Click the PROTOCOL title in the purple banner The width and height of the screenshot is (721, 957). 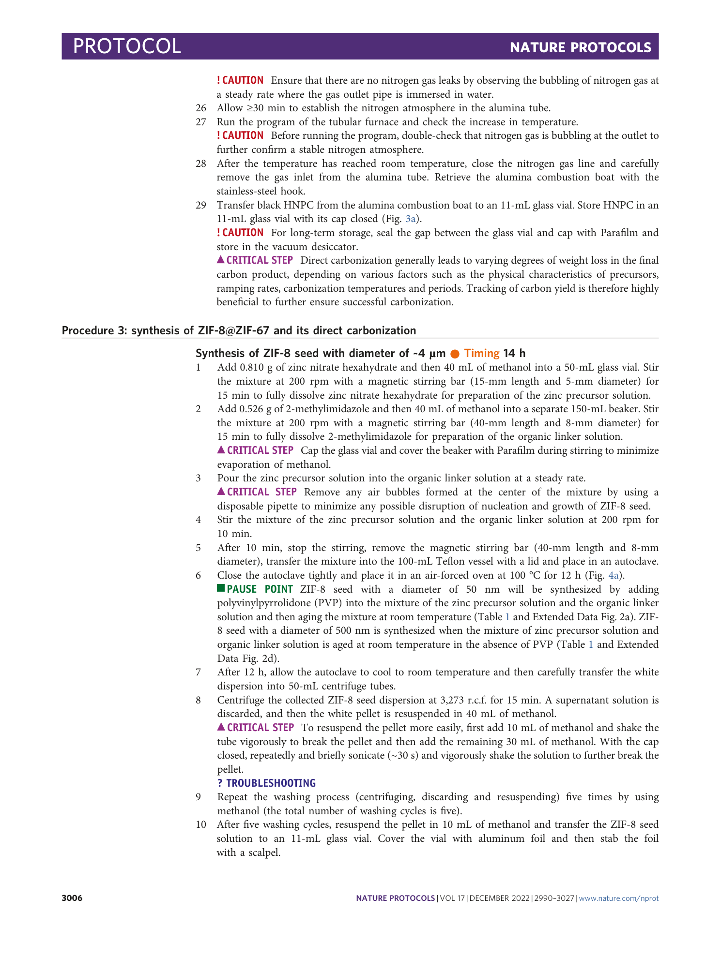coord(127,46)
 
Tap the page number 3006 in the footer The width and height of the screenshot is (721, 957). coord(72,898)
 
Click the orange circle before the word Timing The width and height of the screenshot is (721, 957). coord(455,354)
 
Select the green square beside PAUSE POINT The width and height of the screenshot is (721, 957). coord(221,588)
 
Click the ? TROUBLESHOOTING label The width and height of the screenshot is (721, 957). coord(266,783)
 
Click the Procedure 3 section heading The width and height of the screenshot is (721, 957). coord(239,330)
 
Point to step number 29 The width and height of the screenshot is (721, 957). coord(201,205)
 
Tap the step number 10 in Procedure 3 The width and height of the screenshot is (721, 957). coord(201,824)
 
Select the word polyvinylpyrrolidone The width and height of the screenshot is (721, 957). coord(264,603)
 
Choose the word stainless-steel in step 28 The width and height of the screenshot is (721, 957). coord(247,191)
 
